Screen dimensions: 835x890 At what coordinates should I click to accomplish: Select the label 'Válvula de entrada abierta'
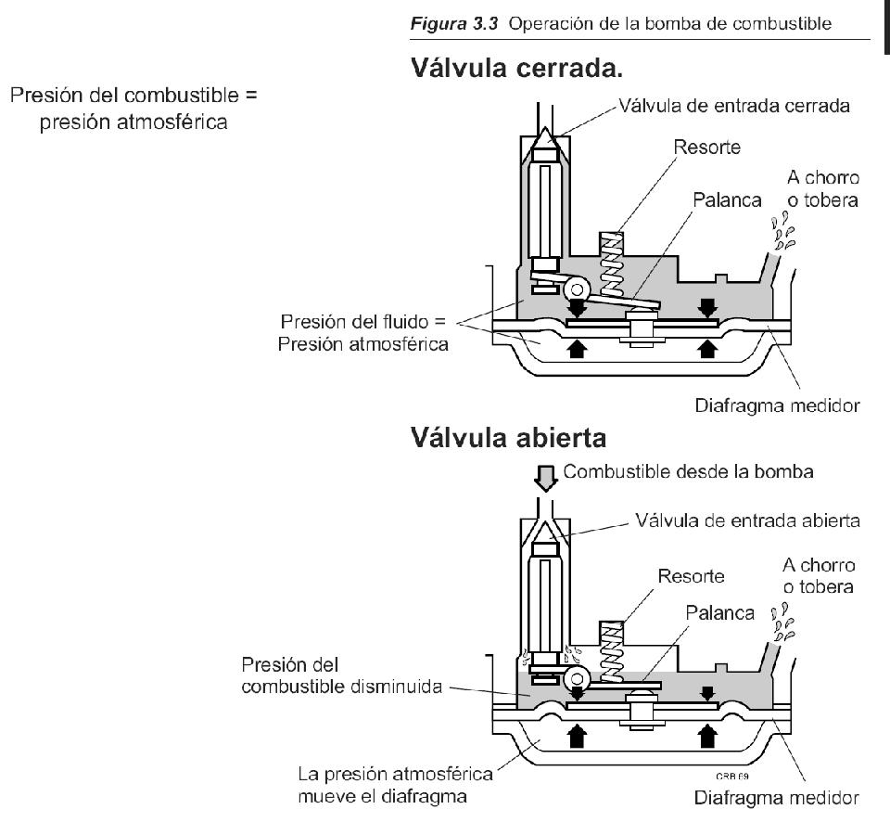[747, 520]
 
